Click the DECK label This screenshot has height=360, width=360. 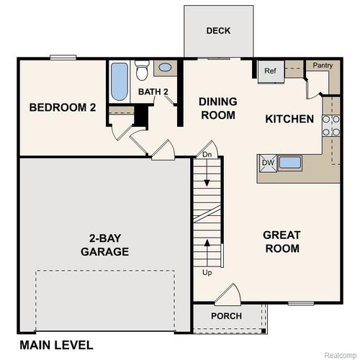pos(218,30)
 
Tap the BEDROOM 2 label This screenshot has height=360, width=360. pos(63,108)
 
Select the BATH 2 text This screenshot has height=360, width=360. pos(153,91)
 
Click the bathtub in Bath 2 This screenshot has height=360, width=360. pos(120,83)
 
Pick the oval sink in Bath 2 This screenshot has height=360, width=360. pos(166,68)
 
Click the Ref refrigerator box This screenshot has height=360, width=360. pos(271,71)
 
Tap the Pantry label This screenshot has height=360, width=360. pos(321,65)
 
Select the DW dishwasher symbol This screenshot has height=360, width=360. pos(268,163)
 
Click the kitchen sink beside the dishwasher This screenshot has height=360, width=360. pos(290,162)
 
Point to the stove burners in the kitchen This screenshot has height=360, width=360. pos(331,125)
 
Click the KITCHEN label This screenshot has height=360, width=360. pos(289,119)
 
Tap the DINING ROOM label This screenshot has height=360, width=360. pos(218,108)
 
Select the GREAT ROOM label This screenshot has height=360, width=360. pos(282,241)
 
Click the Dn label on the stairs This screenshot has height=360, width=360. pos(207,154)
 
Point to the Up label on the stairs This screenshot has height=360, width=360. pos(207,274)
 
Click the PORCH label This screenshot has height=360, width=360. pos(226,316)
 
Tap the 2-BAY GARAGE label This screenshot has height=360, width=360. pos(104,245)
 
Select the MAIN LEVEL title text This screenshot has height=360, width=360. pos(56,345)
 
